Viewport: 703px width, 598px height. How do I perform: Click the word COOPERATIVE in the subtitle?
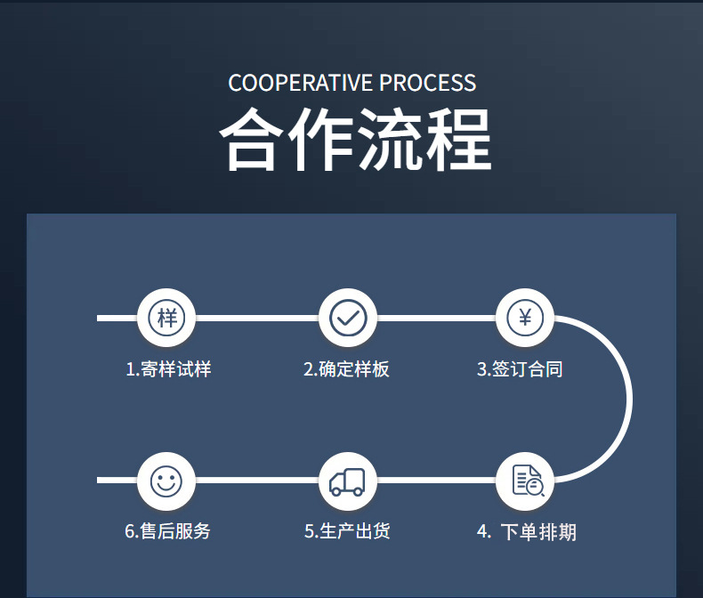pos(301,84)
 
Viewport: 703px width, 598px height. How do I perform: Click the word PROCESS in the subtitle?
pos(427,84)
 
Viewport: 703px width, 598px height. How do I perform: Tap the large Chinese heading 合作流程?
pos(354,141)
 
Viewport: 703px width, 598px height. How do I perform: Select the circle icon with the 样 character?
pos(166,318)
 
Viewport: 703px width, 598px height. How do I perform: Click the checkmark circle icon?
pos(347,318)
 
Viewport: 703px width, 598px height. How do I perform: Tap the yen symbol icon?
pos(525,318)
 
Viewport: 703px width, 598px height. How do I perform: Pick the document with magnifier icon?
pos(526,481)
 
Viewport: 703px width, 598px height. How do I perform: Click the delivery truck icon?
pos(347,481)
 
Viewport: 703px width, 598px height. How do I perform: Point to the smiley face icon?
pos(166,481)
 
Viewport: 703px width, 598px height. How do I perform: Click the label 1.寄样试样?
pos(168,368)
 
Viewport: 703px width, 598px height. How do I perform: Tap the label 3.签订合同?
pos(520,368)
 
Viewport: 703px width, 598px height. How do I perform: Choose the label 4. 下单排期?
pos(526,532)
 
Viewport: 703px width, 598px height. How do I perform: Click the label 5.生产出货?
pos(347,532)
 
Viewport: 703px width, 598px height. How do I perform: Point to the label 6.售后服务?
pos(167,532)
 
